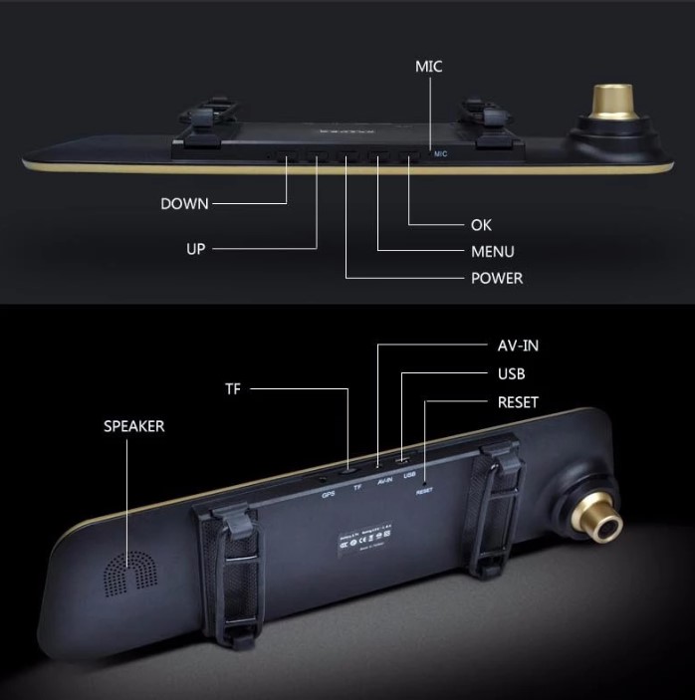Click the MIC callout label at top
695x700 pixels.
pyautogui.click(x=428, y=67)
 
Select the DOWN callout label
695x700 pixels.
pyautogui.click(x=185, y=204)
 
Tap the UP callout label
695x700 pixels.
pyautogui.click(x=196, y=249)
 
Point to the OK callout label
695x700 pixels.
pyautogui.click(x=481, y=226)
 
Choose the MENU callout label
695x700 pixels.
pyautogui.click(x=493, y=252)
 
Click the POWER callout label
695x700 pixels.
pyautogui.click(x=497, y=278)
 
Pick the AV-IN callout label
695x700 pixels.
pyautogui.click(x=518, y=346)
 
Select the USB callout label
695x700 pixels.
pyautogui.click(x=511, y=374)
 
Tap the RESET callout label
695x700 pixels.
pyautogui.click(x=518, y=403)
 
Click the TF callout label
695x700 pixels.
pyautogui.click(x=233, y=389)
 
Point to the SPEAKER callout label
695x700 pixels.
pyautogui.click(x=134, y=426)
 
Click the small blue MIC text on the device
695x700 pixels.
pyautogui.click(x=440, y=153)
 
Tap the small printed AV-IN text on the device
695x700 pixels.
pyautogui.click(x=386, y=480)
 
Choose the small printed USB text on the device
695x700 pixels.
pyautogui.click(x=409, y=475)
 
